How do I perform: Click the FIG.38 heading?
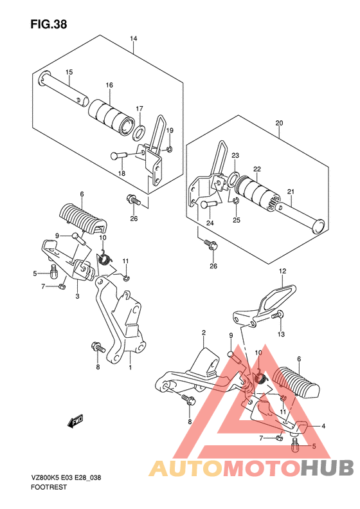pyautogui.click(x=49, y=24)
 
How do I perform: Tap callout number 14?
pyautogui.click(x=134, y=39)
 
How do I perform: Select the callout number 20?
pyautogui.click(x=279, y=123)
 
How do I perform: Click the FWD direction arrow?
pyautogui.click(x=75, y=420)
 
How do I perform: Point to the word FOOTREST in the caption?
pyautogui.click(x=49, y=487)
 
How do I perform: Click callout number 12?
pyautogui.click(x=282, y=271)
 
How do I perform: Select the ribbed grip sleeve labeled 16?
pyautogui.click(x=112, y=117)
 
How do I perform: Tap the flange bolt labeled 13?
pyautogui.click(x=277, y=315)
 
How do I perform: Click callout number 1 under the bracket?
pyautogui.click(x=130, y=367)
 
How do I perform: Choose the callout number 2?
pyautogui.click(x=204, y=333)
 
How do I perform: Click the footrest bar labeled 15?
pyautogui.click(x=64, y=89)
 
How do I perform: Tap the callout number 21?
pyautogui.click(x=291, y=192)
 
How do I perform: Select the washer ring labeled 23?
pyautogui.click(x=233, y=180)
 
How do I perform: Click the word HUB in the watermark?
pyautogui.click(x=327, y=468)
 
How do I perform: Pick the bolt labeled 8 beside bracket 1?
pyautogui.click(x=98, y=347)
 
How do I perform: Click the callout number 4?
pyautogui.click(x=323, y=426)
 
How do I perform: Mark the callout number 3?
pyautogui.click(x=77, y=297)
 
